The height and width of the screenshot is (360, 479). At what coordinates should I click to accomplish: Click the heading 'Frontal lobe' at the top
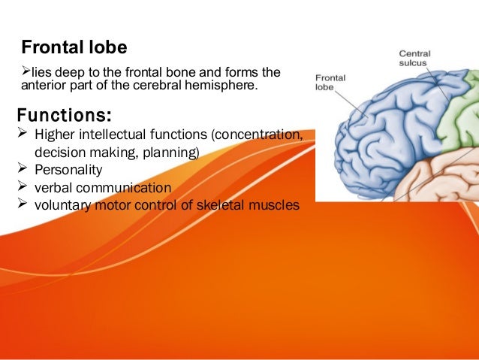click(74, 48)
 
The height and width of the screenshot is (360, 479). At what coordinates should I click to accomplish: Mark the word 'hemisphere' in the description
click(226, 87)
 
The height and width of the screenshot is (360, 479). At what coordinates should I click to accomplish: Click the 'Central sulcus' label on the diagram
click(414, 59)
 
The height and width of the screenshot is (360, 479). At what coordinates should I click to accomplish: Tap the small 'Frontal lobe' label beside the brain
click(330, 82)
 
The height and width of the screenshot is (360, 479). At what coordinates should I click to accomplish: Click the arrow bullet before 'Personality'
click(22, 170)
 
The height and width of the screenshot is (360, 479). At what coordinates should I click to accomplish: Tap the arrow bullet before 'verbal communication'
click(22, 187)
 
